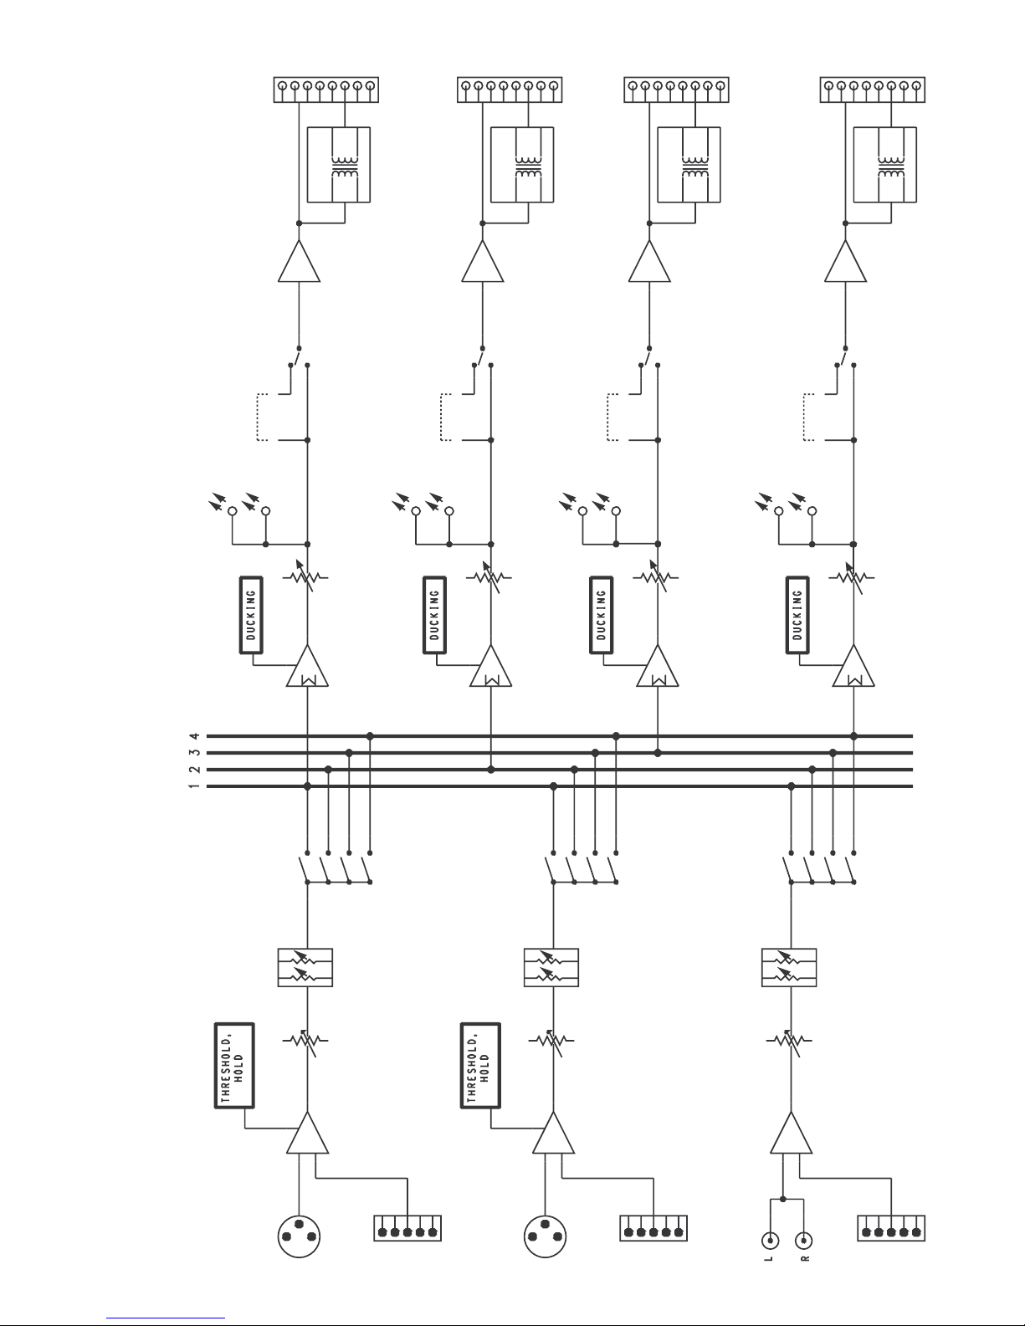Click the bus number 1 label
coord(195,786)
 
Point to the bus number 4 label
coord(195,736)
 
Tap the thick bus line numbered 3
coord(560,753)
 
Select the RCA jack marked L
coord(771,1241)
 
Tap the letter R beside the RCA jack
coord(805,1258)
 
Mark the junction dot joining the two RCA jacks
coord(783,1199)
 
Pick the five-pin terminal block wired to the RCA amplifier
coord(891,1228)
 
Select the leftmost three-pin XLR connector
coord(299,1236)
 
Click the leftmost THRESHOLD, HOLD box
coord(234,1066)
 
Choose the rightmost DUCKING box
coord(797,615)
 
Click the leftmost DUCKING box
coord(251,615)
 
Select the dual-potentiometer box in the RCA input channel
coord(789,967)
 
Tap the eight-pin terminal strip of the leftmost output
coord(325,90)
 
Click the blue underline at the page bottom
coord(166,1316)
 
